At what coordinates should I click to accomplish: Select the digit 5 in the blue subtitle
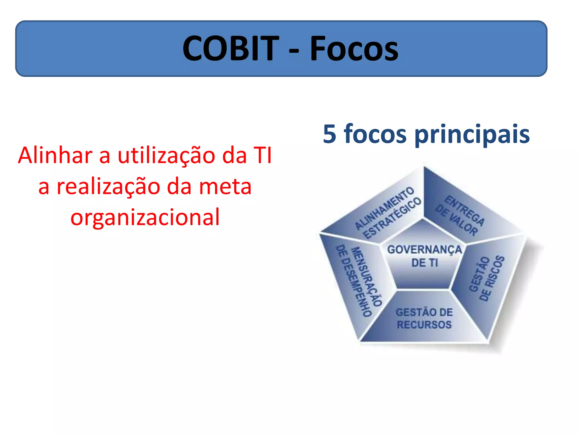tap(330, 134)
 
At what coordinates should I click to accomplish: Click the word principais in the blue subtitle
tap(472, 135)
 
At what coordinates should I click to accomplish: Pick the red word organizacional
tap(145, 217)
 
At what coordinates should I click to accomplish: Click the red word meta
tap(225, 187)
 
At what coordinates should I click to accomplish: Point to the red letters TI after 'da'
tap(263, 155)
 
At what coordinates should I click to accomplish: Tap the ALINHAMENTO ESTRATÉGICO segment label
tap(388, 213)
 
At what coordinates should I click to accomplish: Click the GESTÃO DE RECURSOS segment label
tap(424, 318)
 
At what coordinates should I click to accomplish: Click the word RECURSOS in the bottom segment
tap(424, 325)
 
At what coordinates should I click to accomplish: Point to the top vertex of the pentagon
tap(424, 166)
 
